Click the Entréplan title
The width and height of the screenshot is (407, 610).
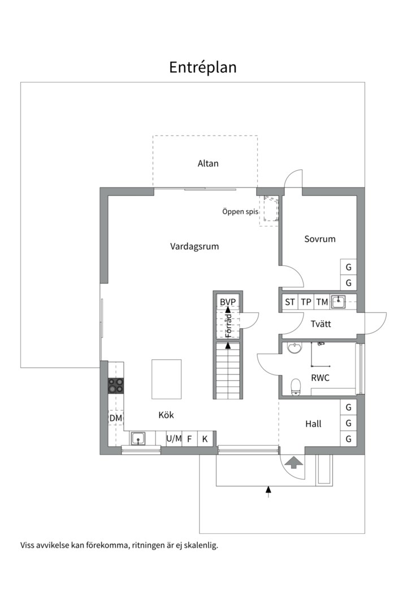click(202, 67)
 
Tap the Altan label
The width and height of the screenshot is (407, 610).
click(208, 164)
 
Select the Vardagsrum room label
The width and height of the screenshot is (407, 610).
click(194, 246)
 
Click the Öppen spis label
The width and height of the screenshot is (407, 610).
click(240, 212)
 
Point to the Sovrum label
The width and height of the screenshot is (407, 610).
click(319, 239)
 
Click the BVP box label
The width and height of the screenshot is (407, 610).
click(227, 302)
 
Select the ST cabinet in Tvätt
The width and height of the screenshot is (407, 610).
click(290, 302)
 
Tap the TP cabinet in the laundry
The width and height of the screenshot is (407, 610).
click(306, 302)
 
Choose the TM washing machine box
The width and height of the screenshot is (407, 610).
click(322, 302)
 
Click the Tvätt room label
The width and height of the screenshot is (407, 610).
click(321, 324)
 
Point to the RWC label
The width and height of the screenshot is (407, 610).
click(320, 378)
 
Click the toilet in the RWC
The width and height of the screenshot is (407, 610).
click(296, 386)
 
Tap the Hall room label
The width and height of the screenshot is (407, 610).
click(313, 424)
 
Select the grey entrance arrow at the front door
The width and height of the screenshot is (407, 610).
click(293, 463)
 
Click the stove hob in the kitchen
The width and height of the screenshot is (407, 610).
click(116, 385)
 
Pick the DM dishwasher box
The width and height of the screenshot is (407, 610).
click(116, 418)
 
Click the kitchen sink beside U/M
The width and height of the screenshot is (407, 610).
click(138, 438)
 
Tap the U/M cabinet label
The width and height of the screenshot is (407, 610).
click(174, 438)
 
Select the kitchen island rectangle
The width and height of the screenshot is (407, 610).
click(166, 379)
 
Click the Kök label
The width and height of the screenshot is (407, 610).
click(166, 415)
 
